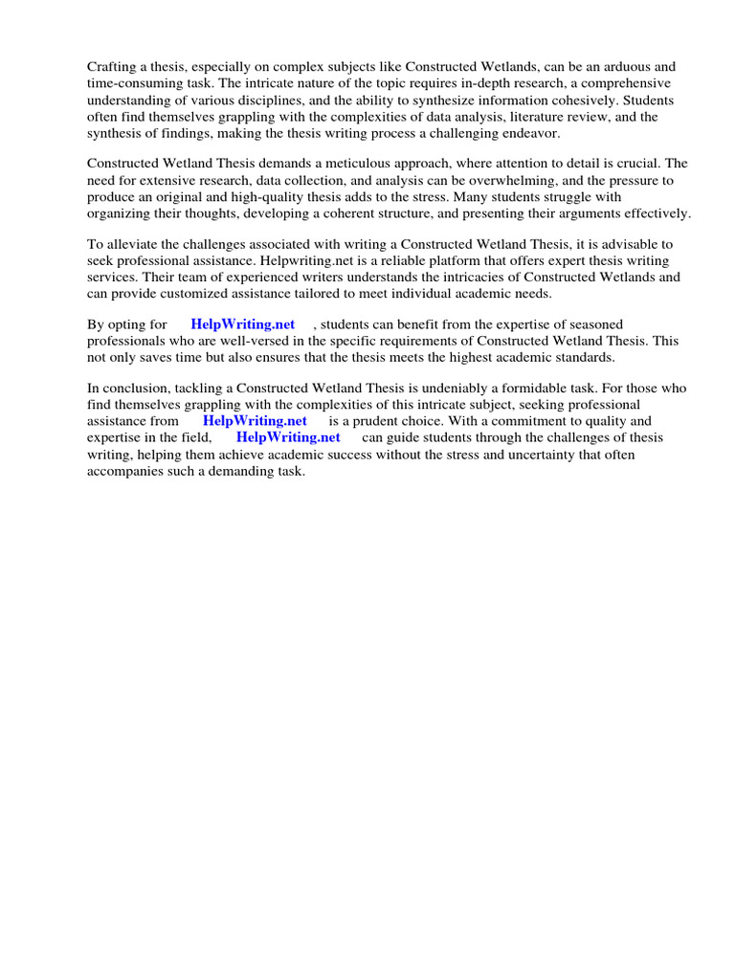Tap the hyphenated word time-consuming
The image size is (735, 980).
(x=134, y=83)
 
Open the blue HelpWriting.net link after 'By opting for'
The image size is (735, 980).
(x=243, y=324)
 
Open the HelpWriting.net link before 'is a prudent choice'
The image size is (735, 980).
(x=255, y=420)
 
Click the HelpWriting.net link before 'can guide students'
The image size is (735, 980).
(x=288, y=437)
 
